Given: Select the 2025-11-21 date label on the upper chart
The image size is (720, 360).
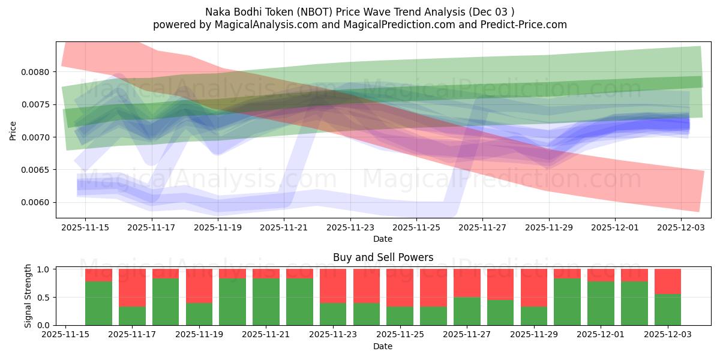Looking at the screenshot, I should coord(284,227).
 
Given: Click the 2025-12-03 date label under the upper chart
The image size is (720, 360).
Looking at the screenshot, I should coord(681,227).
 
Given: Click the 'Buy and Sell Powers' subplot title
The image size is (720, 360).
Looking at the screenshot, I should coord(383,257).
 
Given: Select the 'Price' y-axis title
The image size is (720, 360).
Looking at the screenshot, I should coord(13,131).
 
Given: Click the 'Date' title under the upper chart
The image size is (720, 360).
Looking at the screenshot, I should coord(383,239).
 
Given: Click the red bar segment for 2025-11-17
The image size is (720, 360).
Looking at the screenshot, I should coord(132,287).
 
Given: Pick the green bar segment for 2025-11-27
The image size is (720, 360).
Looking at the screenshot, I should coord(467,311).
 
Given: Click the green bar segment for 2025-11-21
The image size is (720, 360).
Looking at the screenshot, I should coord(266,302).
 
